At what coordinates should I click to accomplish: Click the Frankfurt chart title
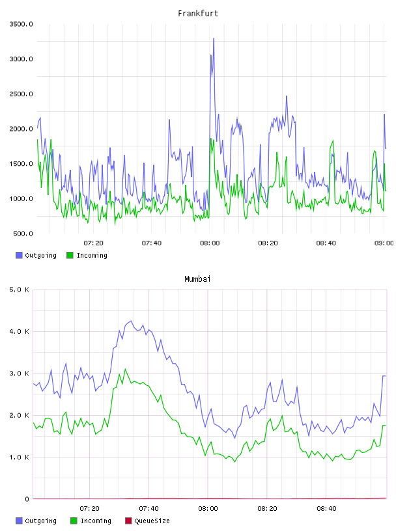click(198, 13)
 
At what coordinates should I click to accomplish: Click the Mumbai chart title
click(197, 279)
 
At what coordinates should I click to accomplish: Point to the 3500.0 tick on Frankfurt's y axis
click(21, 24)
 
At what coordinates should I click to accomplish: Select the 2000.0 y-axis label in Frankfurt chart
click(21, 129)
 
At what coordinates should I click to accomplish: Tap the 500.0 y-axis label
click(23, 234)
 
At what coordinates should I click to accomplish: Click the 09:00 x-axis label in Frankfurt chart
click(384, 243)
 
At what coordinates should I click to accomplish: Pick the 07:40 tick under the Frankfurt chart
click(152, 243)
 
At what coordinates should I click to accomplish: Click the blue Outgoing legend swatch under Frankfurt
click(19, 255)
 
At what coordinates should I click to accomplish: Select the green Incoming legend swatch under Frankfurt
click(70, 255)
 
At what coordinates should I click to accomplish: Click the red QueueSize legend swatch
click(128, 521)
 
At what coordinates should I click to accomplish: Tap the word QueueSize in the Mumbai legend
click(152, 521)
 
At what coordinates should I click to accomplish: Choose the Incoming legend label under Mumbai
click(96, 521)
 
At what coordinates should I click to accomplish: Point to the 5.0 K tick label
click(19, 290)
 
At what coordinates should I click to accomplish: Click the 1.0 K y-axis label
click(19, 457)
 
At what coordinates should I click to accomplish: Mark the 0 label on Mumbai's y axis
click(27, 499)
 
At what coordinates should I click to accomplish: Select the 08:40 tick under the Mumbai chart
click(326, 509)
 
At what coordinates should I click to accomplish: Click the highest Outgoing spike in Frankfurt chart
click(214, 38)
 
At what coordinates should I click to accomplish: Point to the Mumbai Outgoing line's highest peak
click(131, 321)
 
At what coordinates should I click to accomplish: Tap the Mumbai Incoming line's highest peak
click(126, 369)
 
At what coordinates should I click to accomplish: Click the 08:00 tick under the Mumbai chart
click(208, 509)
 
